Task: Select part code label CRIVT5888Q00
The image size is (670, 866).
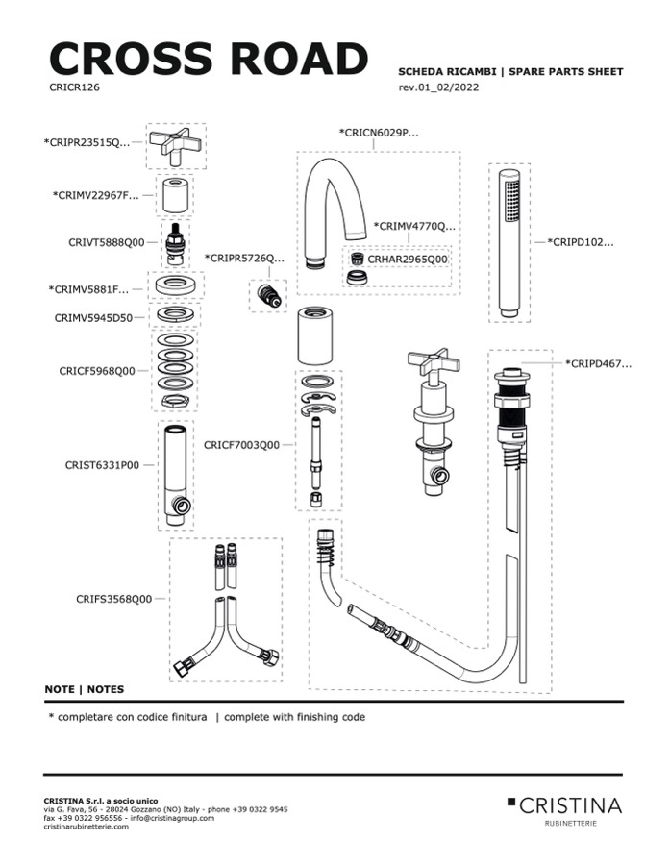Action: point(107,243)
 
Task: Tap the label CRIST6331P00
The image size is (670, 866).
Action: point(102,465)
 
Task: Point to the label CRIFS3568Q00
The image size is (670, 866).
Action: point(113,598)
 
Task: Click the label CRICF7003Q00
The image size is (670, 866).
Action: point(241,445)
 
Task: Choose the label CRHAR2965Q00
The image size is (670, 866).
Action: point(408,260)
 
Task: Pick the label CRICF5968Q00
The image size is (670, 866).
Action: point(97,370)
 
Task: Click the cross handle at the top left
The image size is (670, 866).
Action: point(175,145)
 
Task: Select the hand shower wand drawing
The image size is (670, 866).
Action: point(509,244)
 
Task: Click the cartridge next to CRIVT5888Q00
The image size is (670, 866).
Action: point(175,244)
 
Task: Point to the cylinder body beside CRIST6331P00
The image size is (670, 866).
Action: point(175,473)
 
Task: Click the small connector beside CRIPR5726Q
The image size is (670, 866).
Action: point(268,293)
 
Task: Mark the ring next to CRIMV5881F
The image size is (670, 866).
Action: point(175,286)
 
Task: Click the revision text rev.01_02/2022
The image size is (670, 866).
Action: point(438,87)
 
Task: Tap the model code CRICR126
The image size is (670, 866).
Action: point(74,87)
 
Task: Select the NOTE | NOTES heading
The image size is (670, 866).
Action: point(85,690)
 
